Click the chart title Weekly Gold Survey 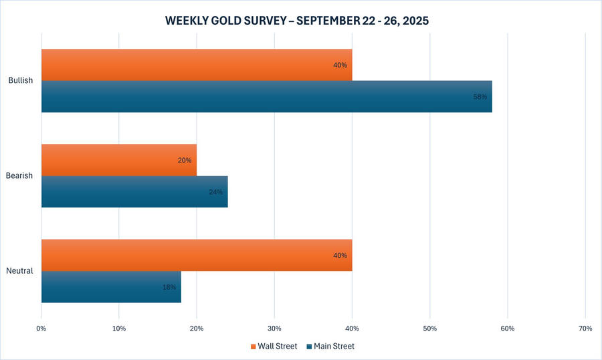point(297,21)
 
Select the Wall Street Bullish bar point(196,65)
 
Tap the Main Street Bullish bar point(266,96)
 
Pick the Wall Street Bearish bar point(118,160)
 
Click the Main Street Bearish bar point(134,191)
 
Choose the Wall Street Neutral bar point(196,255)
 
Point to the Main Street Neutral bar point(110,286)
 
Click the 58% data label point(480,97)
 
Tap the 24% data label point(215,192)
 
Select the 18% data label point(169,287)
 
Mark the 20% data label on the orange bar point(185,161)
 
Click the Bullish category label point(21,81)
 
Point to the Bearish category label point(20,176)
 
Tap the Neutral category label point(20,271)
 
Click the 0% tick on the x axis point(41,329)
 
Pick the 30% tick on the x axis point(274,329)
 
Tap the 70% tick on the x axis point(585,329)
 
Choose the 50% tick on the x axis point(429,329)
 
